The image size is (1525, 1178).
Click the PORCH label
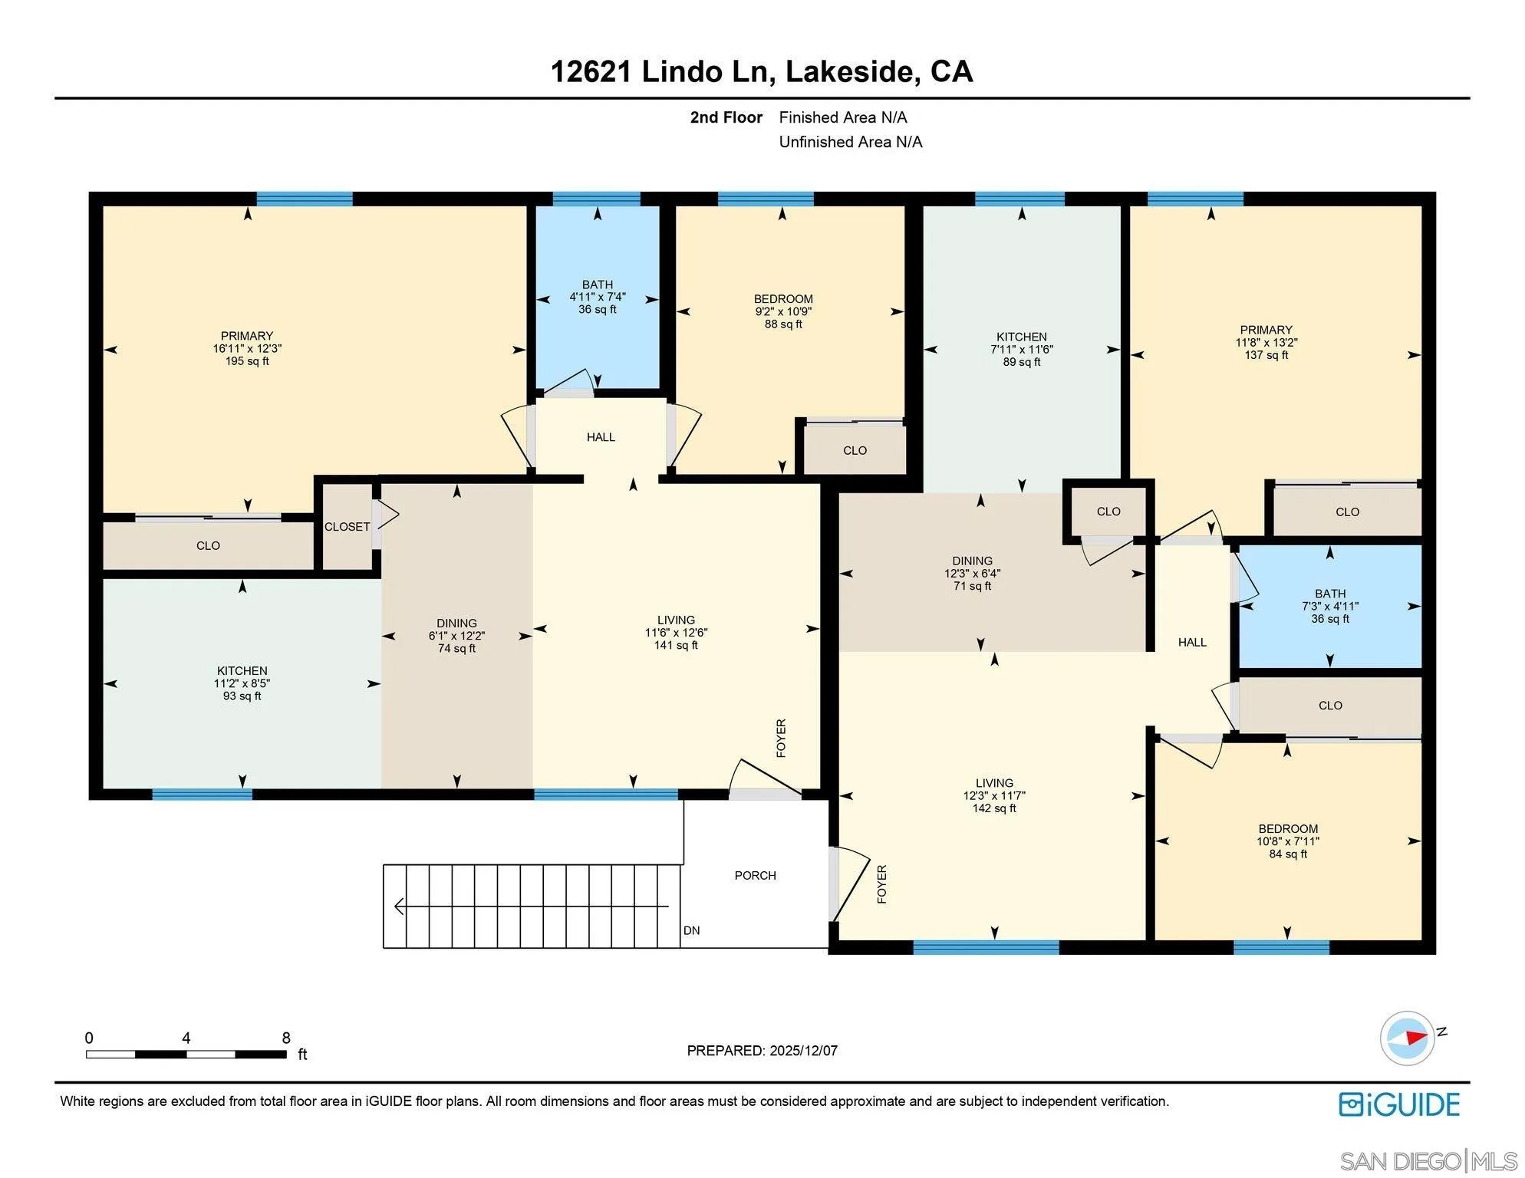point(755,875)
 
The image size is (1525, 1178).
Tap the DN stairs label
point(691,930)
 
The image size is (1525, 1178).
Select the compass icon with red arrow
point(1408,1038)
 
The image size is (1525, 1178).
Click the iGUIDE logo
point(1399,1104)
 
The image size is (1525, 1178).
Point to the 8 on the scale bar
point(286,1038)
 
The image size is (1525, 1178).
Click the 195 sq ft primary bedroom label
point(247,348)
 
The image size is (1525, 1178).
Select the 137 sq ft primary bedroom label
point(1266,342)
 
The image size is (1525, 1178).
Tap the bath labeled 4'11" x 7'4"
point(597,297)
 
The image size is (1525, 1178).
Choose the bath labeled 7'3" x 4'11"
point(1329,606)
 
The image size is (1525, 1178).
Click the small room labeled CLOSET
point(347,527)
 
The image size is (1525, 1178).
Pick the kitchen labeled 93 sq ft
point(242,683)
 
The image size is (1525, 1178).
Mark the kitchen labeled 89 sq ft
point(1021,349)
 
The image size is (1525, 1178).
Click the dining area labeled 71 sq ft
point(972,573)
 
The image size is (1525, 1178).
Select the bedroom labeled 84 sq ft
point(1287,841)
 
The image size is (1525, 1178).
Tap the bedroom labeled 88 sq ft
point(782,311)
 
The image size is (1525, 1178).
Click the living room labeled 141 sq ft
point(676,632)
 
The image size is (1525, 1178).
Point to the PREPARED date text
point(762,1051)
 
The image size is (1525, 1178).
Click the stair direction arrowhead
point(399,907)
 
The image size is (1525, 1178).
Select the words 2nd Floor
point(726,117)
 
